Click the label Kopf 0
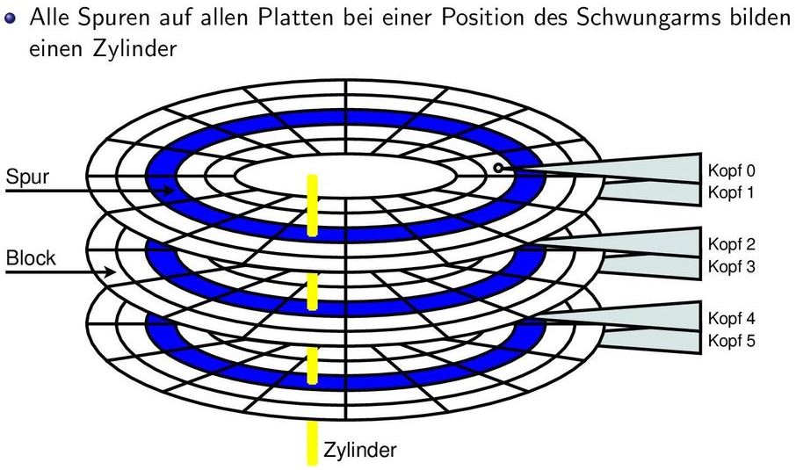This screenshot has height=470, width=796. [x=731, y=170]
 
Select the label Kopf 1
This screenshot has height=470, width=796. [x=731, y=193]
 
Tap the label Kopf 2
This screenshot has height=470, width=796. [x=731, y=244]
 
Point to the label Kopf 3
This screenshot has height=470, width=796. [x=731, y=266]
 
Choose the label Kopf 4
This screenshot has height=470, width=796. [x=731, y=318]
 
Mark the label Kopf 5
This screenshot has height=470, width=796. [x=731, y=341]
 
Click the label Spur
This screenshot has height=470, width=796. [x=27, y=177]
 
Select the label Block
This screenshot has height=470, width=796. [x=31, y=257]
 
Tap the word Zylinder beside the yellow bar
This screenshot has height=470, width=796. [x=360, y=450]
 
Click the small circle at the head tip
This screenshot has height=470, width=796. [x=498, y=168]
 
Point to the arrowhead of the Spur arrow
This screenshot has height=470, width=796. [x=168, y=191]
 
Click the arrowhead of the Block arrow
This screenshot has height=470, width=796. [x=109, y=272]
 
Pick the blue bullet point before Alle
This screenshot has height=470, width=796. [x=11, y=18]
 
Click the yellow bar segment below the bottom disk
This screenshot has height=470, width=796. [x=312, y=442]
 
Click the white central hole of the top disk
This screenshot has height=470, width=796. [x=345, y=176]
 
